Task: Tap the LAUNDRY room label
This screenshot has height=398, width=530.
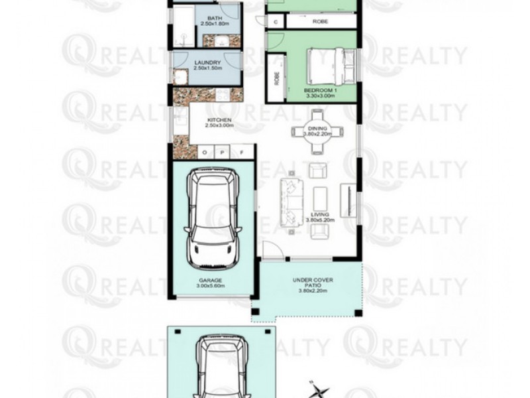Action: click(x=207, y=64)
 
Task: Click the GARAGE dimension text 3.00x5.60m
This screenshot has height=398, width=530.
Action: click(x=211, y=287)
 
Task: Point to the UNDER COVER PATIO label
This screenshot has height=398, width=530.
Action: click(x=312, y=284)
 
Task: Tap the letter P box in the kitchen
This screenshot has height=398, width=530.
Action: click(x=224, y=153)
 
